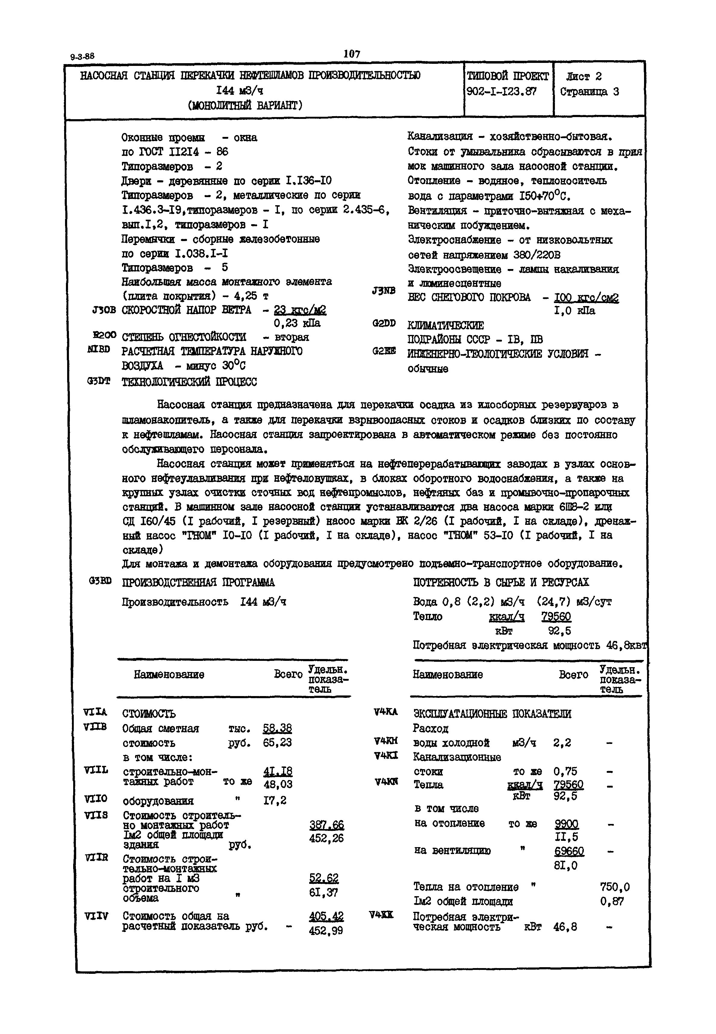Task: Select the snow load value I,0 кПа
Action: pyautogui.click(x=575, y=311)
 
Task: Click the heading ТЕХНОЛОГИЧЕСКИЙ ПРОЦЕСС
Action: pyautogui.click(x=189, y=382)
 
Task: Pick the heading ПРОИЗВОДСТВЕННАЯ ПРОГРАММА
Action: pyautogui.click(x=198, y=583)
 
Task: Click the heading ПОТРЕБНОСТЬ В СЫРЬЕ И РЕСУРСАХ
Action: pyautogui.click(x=501, y=583)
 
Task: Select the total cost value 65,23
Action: pyautogui.click(x=277, y=742)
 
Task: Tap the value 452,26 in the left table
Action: pyautogui.click(x=326, y=838)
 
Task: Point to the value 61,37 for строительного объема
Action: pyautogui.click(x=323, y=892)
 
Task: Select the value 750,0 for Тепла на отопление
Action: pyautogui.click(x=615, y=887)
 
